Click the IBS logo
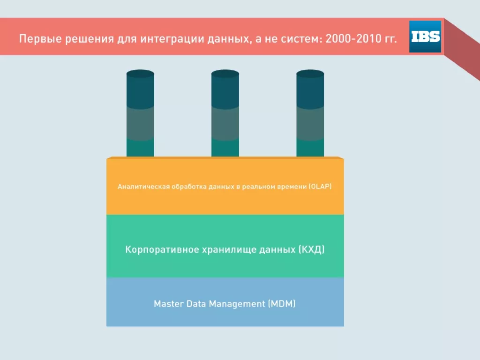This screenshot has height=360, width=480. tap(425, 37)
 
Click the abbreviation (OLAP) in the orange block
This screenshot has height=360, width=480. tap(320, 187)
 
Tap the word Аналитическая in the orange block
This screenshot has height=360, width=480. tap(143, 187)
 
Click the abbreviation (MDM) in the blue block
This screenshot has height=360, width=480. tap(282, 304)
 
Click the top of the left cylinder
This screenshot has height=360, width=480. tap(140, 74)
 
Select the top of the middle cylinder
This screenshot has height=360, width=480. tap(225, 74)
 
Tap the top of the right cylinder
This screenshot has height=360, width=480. tap(310, 74)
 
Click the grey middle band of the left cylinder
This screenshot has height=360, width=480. tap(140, 123)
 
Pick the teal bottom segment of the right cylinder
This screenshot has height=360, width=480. tap(310, 148)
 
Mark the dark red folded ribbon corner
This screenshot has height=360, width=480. tap(462, 49)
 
